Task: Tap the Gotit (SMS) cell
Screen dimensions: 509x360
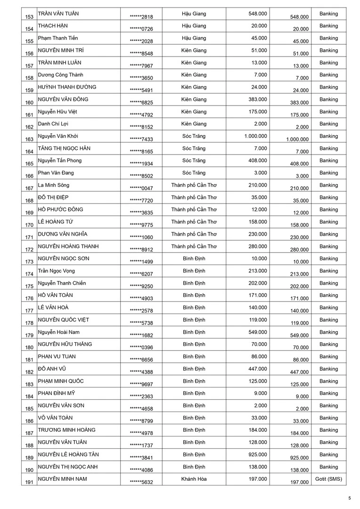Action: pyautogui.click(x=328, y=479)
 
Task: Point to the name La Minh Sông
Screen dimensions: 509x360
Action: pyautogui.click(x=53, y=185)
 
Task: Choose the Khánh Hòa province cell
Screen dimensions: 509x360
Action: pyautogui.click(x=194, y=479)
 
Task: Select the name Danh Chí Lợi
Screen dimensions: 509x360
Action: pyautogui.click(x=54, y=124)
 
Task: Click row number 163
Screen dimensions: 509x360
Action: pyautogui.click(x=30, y=139)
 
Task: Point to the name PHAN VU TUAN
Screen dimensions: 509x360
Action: pyautogui.click(x=57, y=357)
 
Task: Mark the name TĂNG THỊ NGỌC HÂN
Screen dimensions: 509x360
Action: pyautogui.click(x=64, y=148)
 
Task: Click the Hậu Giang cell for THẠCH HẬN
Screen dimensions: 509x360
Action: pyautogui.click(x=194, y=26)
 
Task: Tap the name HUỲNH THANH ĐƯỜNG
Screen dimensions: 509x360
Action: pyautogui.click(x=67, y=87)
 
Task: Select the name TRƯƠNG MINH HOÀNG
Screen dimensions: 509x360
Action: pyautogui.click(x=66, y=430)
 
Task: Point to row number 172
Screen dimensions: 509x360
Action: pyautogui.click(x=30, y=249)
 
